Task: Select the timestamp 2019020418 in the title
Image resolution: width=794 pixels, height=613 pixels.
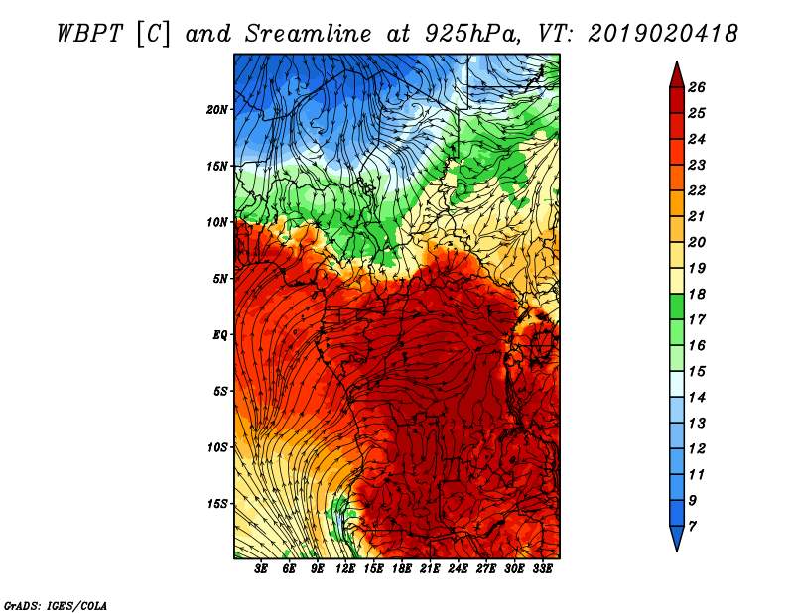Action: click(x=663, y=32)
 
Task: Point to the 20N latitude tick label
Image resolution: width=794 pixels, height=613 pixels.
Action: click(x=217, y=109)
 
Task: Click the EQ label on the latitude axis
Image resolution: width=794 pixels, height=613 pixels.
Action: click(x=220, y=334)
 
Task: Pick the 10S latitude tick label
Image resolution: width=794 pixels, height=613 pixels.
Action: click(x=217, y=447)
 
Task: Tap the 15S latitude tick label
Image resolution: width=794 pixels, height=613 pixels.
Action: click(x=217, y=504)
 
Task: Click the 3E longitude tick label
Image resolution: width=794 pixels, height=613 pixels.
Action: click(x=262, y=569)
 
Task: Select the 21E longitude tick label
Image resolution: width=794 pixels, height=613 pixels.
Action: click(x=430, y=569)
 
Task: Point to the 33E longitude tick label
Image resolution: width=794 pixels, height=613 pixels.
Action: click(x=542, y=569)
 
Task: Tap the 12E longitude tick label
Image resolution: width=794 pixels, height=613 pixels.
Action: click(x=345, y=569)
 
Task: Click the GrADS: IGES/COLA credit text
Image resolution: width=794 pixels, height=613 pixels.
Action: click(x=56, y=604)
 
